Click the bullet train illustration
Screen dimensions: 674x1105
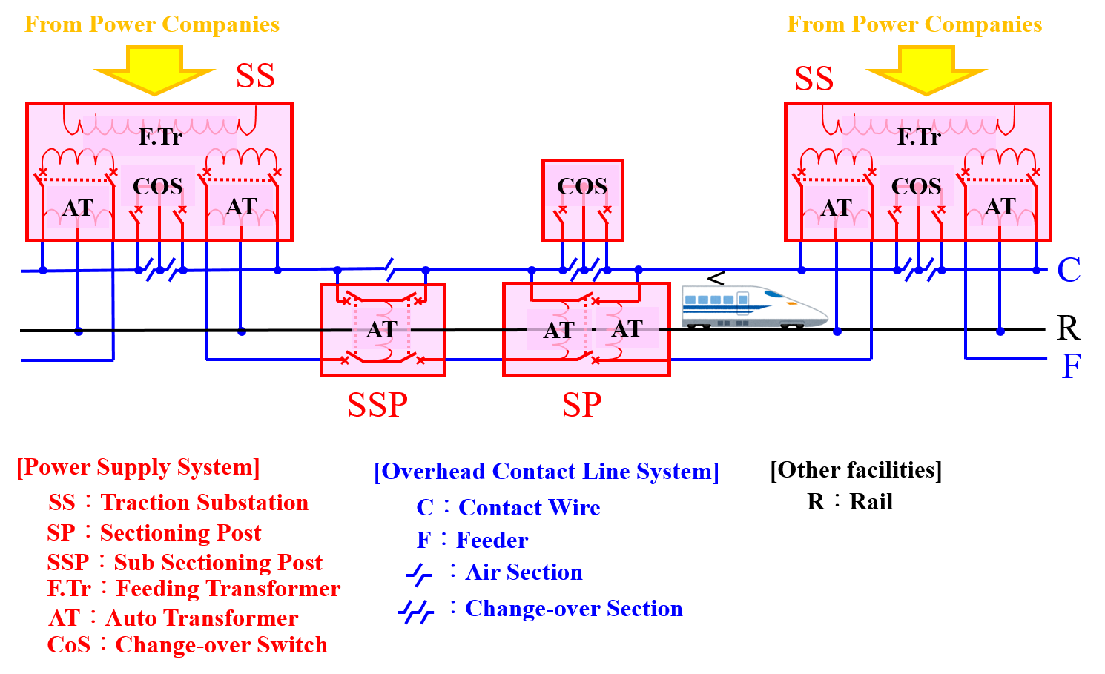pyautogui.click(x=754, y=306)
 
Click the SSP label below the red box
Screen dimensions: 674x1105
pyautogui.click(x=377, y=405)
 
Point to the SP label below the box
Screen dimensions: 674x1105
pyautogui.click(x=581, y=405)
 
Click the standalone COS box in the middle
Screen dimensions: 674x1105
pyautogui.click(x=582, y=200)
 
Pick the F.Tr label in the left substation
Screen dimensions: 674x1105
pyautogui.click(x=160, y=137)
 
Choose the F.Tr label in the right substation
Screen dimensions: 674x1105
pyautogui.click(x=919, y=137)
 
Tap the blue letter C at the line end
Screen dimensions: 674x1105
pyautogui.click(x=1069, y=270)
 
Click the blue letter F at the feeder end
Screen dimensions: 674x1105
pyautogui.click(x=1072, y=366)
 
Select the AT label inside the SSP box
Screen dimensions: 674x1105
pyautogui.click(x=382, y=329)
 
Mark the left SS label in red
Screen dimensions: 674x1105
pyautogui.click(x=255, y=76)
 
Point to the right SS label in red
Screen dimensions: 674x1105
pyautogui.click(x=814, y=79)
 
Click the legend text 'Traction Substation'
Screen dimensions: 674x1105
pyautogui.click(x=205, y=503)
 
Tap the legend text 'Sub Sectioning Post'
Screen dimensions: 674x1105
pyautogui.click(x=218, y=563)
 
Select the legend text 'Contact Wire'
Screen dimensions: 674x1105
pyautogui.click(x=530, y=508)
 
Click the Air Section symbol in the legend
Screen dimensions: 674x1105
pyautogui.click(x=419, y=575)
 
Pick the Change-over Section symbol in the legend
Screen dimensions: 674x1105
pyautogui.click(x=416, y=612)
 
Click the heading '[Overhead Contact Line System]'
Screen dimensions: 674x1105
pyautogui.click(x=547, y=472)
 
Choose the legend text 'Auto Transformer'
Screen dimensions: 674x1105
pyautogui.click(x=202, y=618)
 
